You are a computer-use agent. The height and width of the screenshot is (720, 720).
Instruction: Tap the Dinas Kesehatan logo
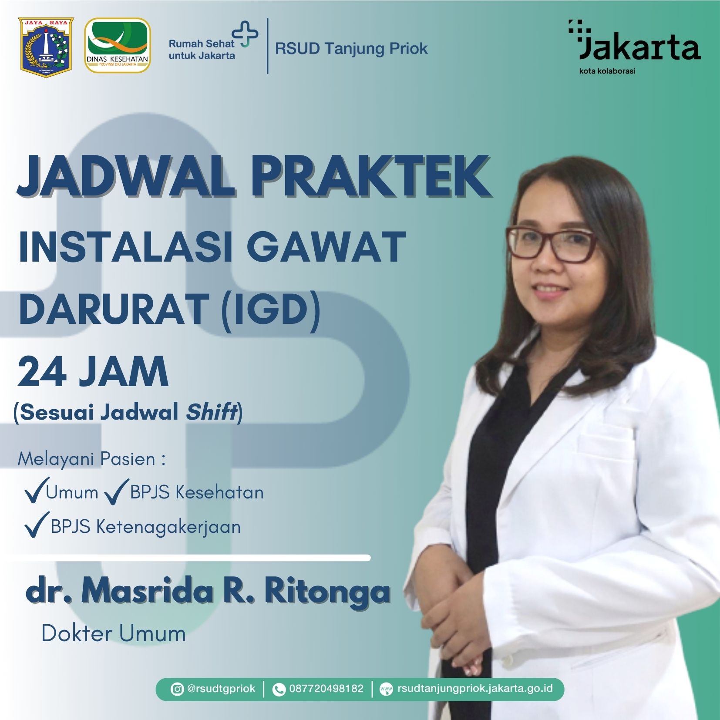[x=118, y=45]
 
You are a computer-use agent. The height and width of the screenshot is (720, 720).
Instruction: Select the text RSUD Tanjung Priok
[x=351, y=48]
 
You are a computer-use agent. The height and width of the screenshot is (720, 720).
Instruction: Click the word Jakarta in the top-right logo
[x=640, y=47]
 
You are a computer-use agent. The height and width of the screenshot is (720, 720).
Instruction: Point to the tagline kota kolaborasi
[x=607, y=71]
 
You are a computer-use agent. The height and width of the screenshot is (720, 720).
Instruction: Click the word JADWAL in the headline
[x=127, y=176]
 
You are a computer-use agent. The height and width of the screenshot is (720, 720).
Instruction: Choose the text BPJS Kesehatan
[x=197, y=492]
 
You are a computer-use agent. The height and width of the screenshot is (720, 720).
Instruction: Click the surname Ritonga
[x=327, y=592]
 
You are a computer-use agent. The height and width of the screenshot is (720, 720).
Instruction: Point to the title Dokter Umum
[x=114, y=633]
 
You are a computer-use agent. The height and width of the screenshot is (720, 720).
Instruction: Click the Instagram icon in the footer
[x=177, y=690]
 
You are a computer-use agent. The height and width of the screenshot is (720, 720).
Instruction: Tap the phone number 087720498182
[x=326, y=689]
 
